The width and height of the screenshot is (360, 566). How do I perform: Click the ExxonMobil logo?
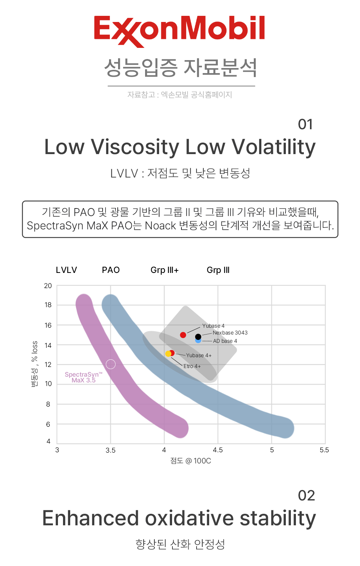click(x=179, y=31)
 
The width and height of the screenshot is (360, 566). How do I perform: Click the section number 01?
click(x=305, y=124)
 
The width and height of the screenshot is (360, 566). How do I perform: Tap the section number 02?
click(x=306, y=495)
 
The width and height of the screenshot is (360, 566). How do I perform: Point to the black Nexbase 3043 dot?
click(x=198, y=337)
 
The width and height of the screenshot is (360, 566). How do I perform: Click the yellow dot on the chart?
click(x=168, y=354)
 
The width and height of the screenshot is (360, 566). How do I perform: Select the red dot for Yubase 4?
click(x=183, y=335)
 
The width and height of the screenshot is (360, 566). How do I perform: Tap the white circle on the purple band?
click(x=111, y=364)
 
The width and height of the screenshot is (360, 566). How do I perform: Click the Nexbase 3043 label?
click(x=230, y=333)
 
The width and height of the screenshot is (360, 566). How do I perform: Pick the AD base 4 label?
click(x=225, y=341)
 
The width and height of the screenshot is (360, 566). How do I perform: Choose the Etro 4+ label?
click(x=192, y=366)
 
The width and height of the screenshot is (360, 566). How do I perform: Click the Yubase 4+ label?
click(x=199, y=355)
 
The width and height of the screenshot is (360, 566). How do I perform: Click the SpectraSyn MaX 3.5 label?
click(x=84, y=377)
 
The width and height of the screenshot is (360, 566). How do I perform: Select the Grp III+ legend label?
click(x=165, y=270)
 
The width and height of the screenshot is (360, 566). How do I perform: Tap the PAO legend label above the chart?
click(x=111, y=270)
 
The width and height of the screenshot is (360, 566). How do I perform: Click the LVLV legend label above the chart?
click(x=67, y=270)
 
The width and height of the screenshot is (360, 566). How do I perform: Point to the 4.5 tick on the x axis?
click(x=218, y=450)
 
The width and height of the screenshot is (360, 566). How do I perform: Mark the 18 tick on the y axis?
click(x=48, y=305)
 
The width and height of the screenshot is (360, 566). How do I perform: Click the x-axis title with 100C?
click(x=190, y=461)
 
